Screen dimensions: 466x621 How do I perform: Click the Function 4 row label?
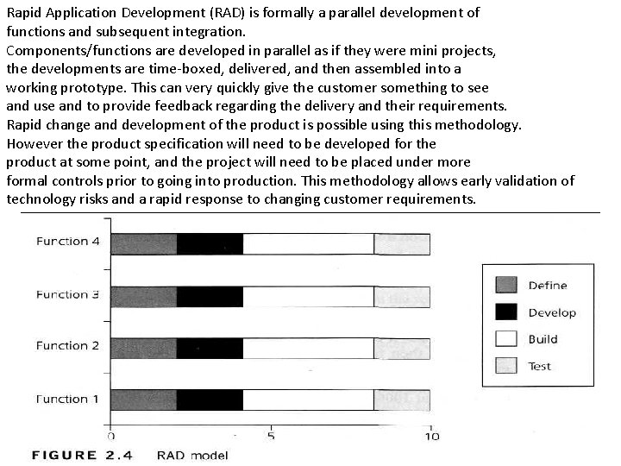(x=68, y=242)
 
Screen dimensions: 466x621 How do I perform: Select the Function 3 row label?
(x=68, y=294)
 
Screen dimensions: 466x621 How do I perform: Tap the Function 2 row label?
(x=68, y=346)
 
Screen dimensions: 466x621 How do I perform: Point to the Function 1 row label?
(x=68, y=400)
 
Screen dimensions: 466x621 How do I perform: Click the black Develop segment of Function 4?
(x=210, y=244)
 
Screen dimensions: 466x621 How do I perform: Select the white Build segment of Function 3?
(x=308, y=297)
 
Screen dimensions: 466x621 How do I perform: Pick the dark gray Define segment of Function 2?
(x=143, y=349)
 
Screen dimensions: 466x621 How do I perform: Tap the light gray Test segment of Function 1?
(x=401, y=400)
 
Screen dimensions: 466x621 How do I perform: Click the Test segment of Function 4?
(x=401, y=244)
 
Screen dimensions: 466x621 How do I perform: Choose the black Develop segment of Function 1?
(x=210, y=400)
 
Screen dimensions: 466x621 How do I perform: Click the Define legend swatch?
(x=506, y=285)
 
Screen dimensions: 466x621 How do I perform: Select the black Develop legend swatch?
(x=506, y=312)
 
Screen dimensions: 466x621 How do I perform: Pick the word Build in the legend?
(x=543, y=339)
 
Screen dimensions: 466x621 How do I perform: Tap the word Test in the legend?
(x=540, y=366)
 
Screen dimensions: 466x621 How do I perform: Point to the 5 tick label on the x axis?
(x=271, y=436)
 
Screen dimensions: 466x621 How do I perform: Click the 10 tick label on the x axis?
(x=430, y=436)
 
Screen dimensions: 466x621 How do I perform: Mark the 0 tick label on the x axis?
(x=111, y=436)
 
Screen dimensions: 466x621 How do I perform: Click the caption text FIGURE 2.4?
(x=82, y=455)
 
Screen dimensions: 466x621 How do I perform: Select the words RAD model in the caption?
(x=192, y=455)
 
